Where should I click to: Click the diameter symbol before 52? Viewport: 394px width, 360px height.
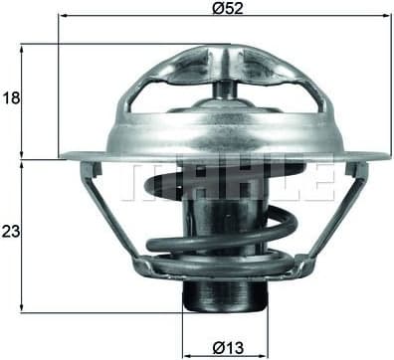pyautogui.click(x=215, y=8)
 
